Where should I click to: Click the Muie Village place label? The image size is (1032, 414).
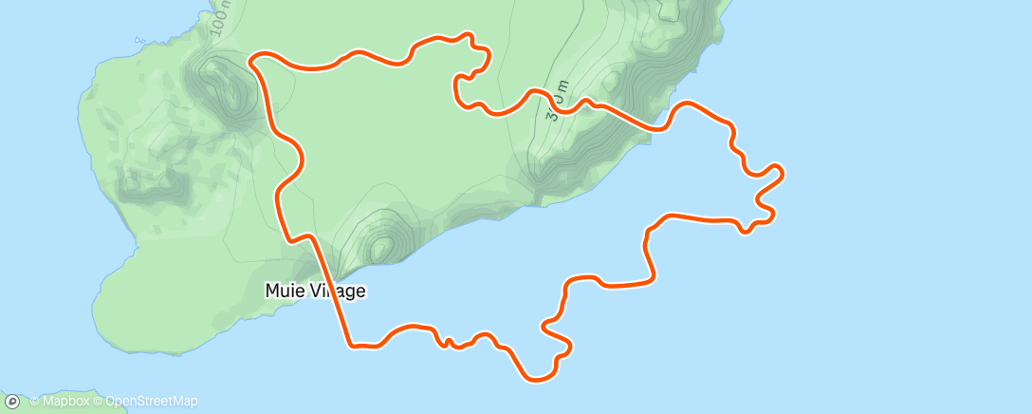[x=315, y=292]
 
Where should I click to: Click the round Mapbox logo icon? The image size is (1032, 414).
[x=12, y=402]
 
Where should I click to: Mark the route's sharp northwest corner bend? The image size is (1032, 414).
[x=251, y=61]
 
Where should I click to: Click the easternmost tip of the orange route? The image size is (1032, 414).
[x=783, y=171]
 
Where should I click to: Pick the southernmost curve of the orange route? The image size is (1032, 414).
[x=537, y=380]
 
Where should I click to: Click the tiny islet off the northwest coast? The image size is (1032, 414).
[x=138, y=41]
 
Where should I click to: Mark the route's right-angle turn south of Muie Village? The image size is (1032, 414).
[x=351, y=345]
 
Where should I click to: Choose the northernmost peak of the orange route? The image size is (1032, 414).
[x=467, y=35]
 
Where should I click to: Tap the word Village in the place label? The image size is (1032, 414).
[x=333, y=292]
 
